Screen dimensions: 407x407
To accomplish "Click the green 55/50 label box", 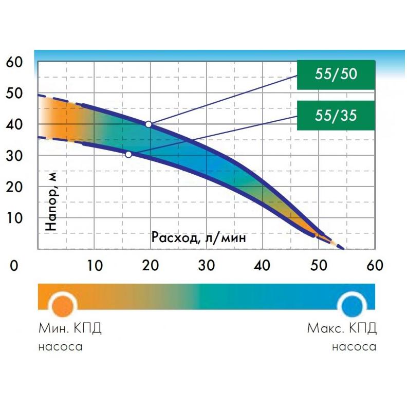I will (x=336, y=75).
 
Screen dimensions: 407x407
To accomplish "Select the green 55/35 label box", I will (x=336, y=115).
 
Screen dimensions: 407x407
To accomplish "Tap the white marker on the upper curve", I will (x=149, y=124).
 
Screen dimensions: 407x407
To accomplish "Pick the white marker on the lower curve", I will (x=128, y=154).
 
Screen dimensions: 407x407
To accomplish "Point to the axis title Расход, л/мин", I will (x=198, y=237).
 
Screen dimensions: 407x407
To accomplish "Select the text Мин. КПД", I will (x=70, y=328).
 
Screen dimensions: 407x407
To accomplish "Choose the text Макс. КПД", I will (x=342, y=328).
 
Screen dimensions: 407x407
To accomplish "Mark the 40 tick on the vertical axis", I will (x=14, y=124).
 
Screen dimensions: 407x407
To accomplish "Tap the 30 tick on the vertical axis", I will (x=14, y=155).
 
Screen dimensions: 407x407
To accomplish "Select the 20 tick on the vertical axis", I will (x=14, y=186).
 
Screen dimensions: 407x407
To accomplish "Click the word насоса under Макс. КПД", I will (x=354, y=347).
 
